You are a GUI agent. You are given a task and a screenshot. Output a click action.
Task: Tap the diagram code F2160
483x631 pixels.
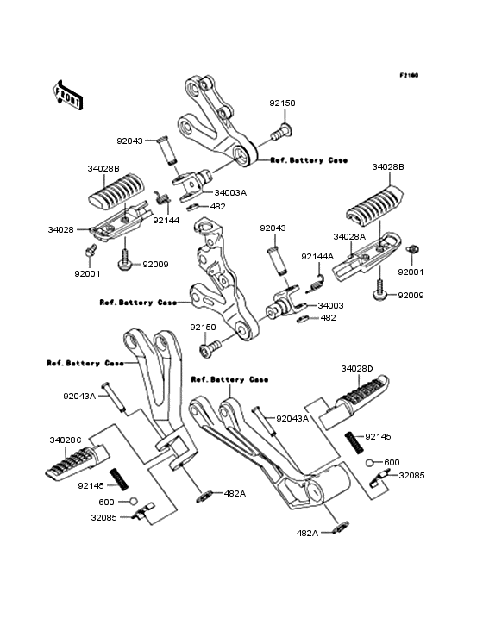tap(408, 75)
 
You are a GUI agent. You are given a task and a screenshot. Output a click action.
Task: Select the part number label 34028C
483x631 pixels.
tap(66, 439)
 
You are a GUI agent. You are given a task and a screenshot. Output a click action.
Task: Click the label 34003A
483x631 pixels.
tap(230, 192)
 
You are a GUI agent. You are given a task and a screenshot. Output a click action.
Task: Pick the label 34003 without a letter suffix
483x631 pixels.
tap(330, 305)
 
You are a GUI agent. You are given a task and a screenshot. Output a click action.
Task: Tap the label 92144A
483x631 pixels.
tap(317, 256)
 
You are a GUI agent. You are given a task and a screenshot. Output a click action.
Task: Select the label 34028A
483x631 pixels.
tap(349, 235)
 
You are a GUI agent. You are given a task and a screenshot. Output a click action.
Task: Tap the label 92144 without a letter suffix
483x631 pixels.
tap(166, 221)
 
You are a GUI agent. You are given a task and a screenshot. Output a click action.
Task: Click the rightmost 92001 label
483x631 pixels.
tap(411, 272)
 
